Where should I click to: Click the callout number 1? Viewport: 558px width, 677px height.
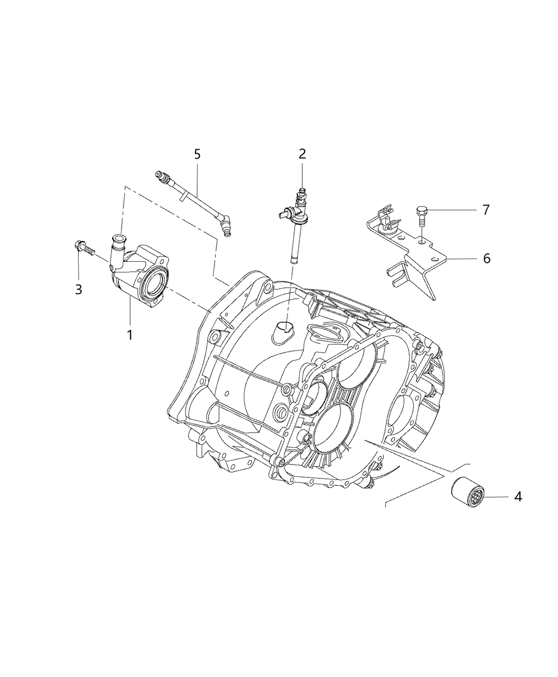pos(129,335)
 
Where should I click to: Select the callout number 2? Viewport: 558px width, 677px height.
pos(302,154)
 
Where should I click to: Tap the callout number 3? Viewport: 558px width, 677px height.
pos(79,289)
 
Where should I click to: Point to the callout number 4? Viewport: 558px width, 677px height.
pos(518,497)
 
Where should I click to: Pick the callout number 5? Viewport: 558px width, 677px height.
pos(197,155)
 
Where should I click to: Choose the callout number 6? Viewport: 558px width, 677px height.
pos(486,259)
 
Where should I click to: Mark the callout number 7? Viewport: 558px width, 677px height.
pos(486,210)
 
